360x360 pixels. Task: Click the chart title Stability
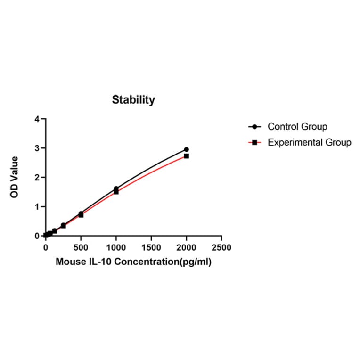[x=133, y=100]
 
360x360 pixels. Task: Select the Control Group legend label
[x=297, y=126]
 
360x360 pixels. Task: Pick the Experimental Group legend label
[x=309, y=142]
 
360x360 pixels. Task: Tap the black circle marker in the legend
[x=254, y=127]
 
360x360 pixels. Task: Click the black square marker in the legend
[x=254, y=142]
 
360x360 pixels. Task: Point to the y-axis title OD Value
[x=15, y=177]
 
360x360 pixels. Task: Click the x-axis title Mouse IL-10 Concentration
[x=133, y=262]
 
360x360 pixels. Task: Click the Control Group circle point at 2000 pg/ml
[x=187, y=149]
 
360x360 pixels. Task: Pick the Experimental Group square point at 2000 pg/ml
[x=187, y=156]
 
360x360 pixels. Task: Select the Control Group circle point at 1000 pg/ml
[x=116, y=188]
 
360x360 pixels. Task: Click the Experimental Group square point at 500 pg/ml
[x=81, y=215]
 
